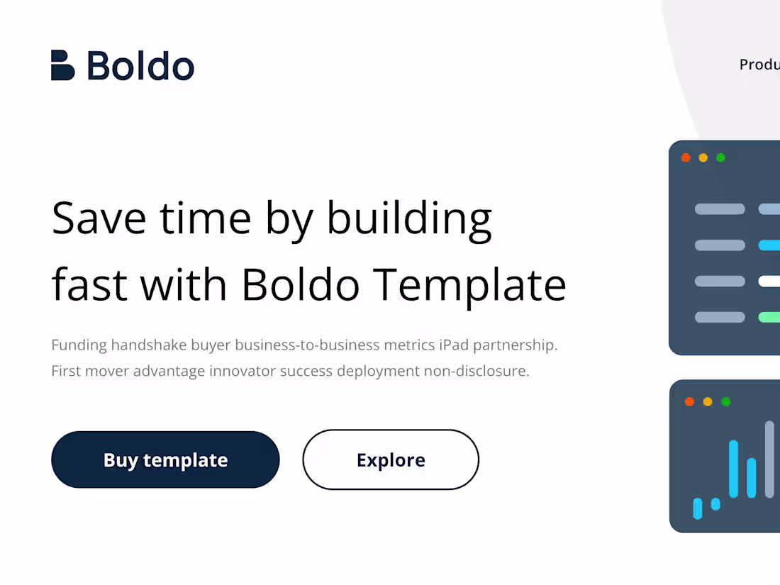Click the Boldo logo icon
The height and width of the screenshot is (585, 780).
point(62,65)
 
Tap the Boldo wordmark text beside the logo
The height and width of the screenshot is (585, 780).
point(140,66)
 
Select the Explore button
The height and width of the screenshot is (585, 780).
point(391,459)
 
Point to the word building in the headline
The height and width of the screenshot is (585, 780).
point(409,219)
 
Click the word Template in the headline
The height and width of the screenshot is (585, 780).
point(470,285)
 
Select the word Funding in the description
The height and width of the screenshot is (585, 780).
point(79,345)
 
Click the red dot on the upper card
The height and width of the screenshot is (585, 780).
point(686,157)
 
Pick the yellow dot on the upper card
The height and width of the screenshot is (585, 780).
point(703,157)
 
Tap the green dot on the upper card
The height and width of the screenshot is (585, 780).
point(720,157)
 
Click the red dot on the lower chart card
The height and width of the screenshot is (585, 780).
point(689,401)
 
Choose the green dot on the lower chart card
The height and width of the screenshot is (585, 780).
point(725,401)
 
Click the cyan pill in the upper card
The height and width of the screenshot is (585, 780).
point(769,245)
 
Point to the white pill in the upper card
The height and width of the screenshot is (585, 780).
point(769,282)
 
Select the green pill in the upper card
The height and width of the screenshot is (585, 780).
point(769,317)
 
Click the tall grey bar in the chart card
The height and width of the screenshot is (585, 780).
point(769,459)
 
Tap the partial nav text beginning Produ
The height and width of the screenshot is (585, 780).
point(759,65)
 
